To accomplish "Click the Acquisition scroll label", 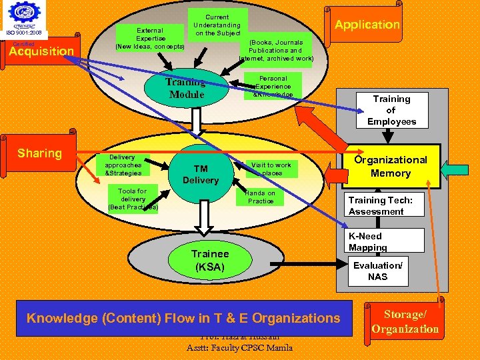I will pyautogui.click(x=41, y=51).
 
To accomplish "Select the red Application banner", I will pyautogui.click(x=367, y=25).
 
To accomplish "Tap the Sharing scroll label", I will pyautogui.click(x=39, y=153).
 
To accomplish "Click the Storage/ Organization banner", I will pyautogui.click(x=405, y=322).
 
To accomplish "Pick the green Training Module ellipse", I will pyautogui.click(x=187, y=88).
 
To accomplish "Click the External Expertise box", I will pyautogui.click(x=150, y=39).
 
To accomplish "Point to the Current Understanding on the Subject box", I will pyautogui.click(x=217, y=25).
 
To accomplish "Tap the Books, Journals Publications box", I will pyautogui.click(x=275, y=51).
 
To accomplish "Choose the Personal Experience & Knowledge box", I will pyautogui.click(x=273, y=86).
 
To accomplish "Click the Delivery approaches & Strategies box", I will pyautogui.click(x=123, y=165).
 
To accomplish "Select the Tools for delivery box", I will pyautogui.click(x=133, y=199).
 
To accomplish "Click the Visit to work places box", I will pyautogui.click(x=271, y=169).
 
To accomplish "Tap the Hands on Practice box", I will pyautogui.click(x=261, y=197).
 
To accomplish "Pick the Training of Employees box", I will pyautogui.click(x=391, y=110).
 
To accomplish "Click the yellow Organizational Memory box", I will pyautogui.click(x=391, y=166).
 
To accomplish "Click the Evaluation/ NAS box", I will pyautogui.click(x=377, y=271).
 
